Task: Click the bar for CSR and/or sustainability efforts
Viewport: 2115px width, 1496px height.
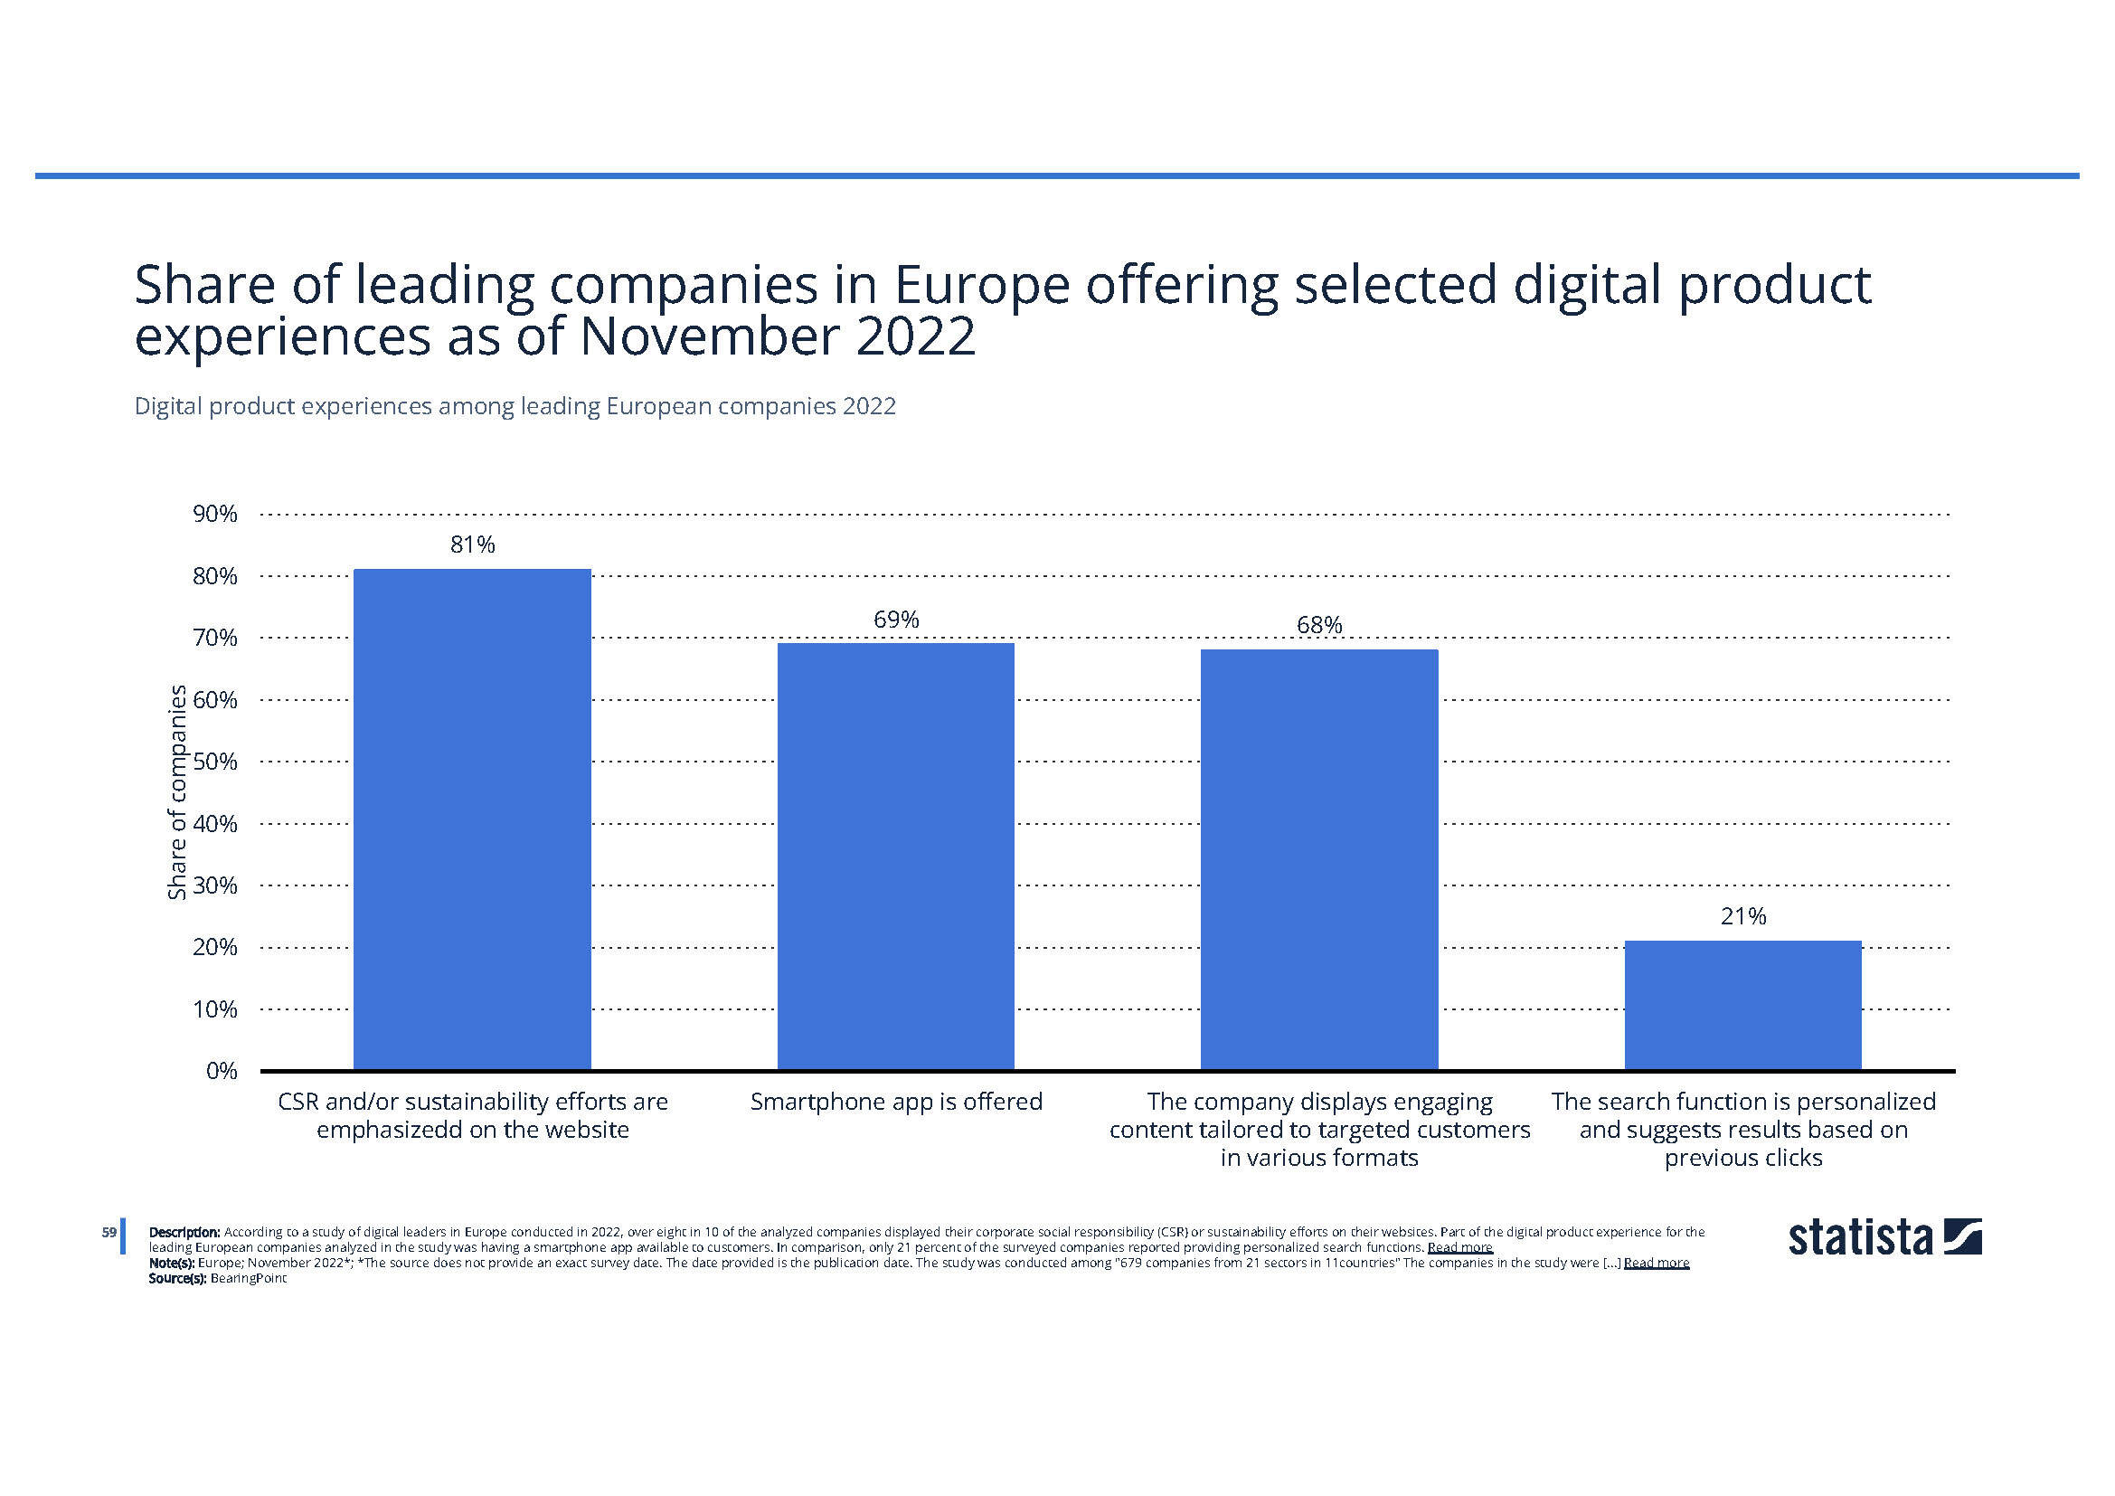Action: point(472,819)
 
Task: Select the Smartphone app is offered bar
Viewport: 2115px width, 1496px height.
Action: point(895,856)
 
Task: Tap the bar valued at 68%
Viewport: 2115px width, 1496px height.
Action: point(1319,859)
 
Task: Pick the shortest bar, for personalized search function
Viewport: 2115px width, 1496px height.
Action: point(1742,1005)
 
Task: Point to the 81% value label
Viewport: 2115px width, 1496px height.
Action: point(473,544)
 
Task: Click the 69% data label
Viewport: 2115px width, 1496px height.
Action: point(896,619)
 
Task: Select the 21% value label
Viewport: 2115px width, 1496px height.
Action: point(1742,916)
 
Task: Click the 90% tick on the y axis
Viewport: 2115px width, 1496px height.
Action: point(214,514)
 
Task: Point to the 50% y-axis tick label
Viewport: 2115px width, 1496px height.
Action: point(214,762)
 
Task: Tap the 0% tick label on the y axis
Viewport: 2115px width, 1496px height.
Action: point(221,1070)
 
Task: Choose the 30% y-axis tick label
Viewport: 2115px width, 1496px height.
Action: point(214,885)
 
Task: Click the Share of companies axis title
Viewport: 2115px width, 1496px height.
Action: point(176,792)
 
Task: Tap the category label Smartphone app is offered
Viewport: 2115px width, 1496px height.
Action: point(895,1102)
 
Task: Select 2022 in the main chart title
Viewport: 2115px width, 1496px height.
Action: point(916,336)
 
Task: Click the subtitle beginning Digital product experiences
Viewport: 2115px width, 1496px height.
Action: point(515,406)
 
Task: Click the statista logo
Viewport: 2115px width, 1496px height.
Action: point(1884,1237)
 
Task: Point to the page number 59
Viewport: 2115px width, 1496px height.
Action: point(109,1232)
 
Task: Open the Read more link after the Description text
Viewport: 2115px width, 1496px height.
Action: point(1459,1247)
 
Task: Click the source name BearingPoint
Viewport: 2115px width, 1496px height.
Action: point(249,1279)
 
